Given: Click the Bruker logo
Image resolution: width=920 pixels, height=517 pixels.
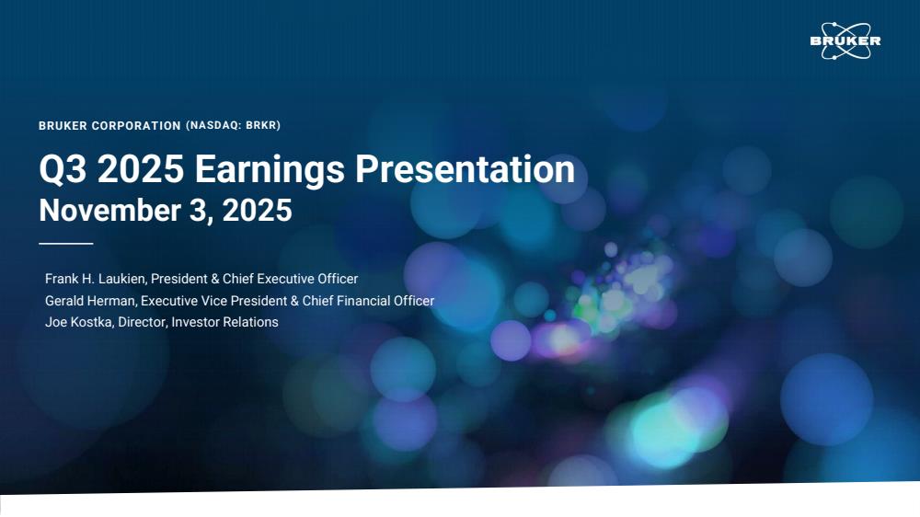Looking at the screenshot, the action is (x=845, y=41).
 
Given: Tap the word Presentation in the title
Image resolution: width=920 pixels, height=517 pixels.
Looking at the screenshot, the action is (x=465, y=169).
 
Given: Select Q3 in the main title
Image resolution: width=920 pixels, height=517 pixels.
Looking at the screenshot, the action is (x=63, y=170).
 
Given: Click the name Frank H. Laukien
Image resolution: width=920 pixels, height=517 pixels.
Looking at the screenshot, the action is (x=95, y=279).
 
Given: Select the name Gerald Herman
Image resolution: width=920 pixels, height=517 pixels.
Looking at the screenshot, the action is (x=90, y=301).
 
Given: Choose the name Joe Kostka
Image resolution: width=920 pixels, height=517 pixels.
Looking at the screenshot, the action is (x=78, y=322).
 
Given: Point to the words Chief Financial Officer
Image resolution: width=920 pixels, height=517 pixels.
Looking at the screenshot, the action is (x=369, y=301).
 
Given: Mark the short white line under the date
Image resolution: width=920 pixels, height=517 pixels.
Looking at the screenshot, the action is (x=65, y=243).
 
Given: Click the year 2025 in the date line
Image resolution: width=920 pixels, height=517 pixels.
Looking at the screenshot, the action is (x=257, y=210).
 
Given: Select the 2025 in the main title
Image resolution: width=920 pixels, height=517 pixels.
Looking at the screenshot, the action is (x=141, y=169).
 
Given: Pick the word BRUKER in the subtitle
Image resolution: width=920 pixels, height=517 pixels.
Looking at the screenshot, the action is (x=63, y=126).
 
